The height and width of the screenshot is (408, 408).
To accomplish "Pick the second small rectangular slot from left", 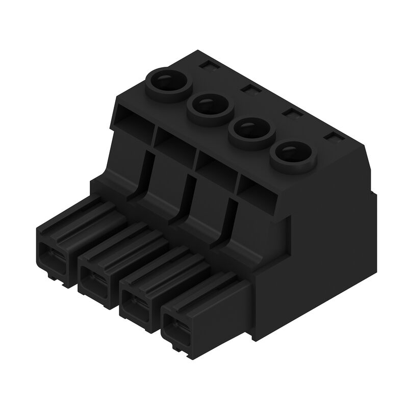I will tap(249, 89).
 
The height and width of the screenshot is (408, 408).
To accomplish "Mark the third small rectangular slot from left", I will tap(291, 113).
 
